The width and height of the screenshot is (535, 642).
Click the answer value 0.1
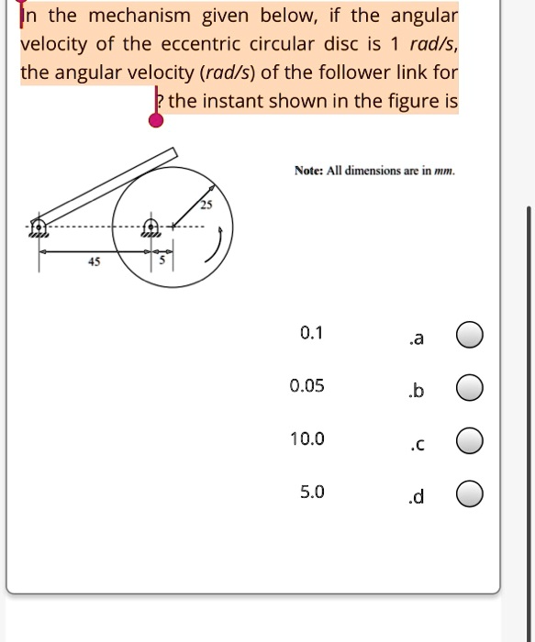(312, 332)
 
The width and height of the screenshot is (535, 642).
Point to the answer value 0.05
(307, 385)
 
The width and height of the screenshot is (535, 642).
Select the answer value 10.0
(307, 438)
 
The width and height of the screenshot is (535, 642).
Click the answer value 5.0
(312, 492)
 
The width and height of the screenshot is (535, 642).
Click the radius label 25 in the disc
(206, 205)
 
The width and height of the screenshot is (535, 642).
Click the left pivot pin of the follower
(39, 225)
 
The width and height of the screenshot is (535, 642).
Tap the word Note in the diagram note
(307, 171)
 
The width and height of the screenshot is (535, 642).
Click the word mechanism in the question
(139, 16)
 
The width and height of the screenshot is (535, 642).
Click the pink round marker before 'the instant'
(157, 118)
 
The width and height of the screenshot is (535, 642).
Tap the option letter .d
(416, 497)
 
